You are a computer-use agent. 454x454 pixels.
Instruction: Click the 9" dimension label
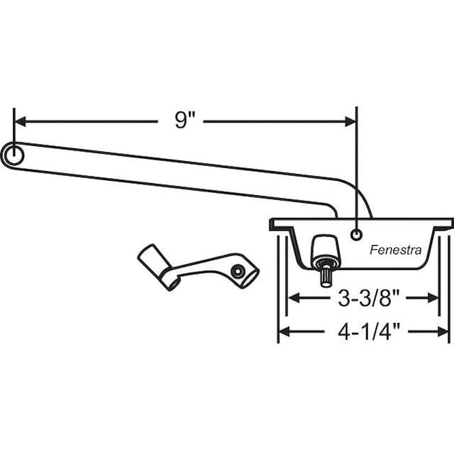click(x=185, y=120)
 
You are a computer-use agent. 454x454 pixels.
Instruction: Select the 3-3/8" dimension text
click(x=369, y=298)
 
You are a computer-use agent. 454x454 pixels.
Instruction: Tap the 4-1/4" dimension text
click(x=369, y=332)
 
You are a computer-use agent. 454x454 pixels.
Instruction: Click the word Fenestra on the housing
click(x=396, y=250)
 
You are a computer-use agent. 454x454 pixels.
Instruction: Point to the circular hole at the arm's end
click(x=14, y=155)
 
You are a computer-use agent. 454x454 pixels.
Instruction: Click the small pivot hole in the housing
click(x=356, y=235)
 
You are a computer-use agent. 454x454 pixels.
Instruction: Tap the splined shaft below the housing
click(x=326, y=276)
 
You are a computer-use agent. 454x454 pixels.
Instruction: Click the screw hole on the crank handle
click(x=238, y=272)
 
